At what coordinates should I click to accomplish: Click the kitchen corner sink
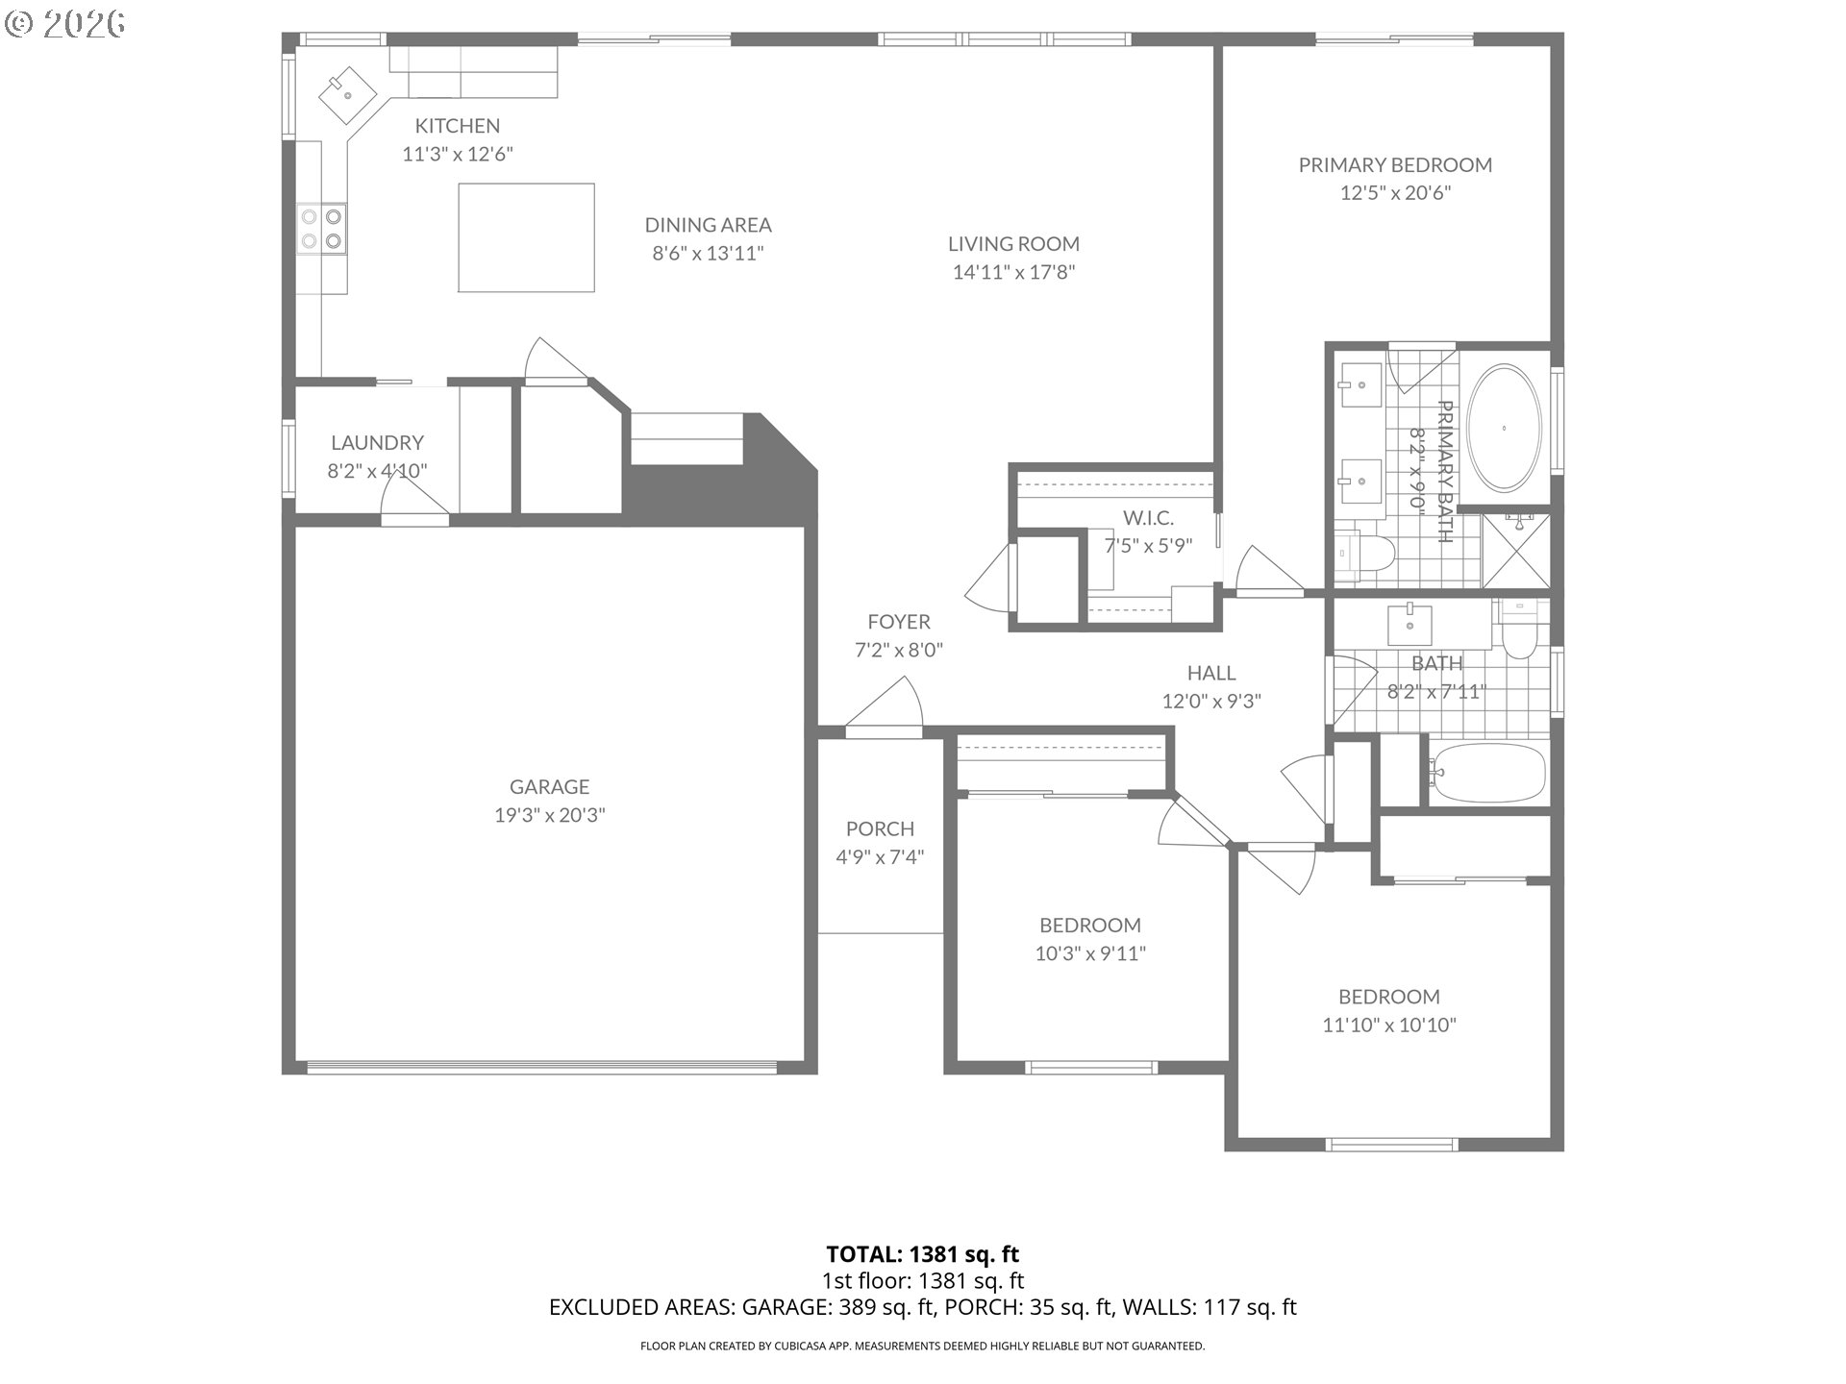[x=348, y=93]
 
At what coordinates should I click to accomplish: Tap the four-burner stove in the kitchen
[x=321, y=229]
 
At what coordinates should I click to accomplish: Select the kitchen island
[x=526, y=237]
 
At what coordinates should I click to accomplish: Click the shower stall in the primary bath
[x=1515, y=550]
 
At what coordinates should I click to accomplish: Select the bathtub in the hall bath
[x=1486, y=773]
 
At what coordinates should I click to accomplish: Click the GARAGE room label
[x=549, y=786]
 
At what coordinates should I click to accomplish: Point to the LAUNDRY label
[x=377, y=442]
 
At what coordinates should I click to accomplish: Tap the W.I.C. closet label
[x=1148, y=518]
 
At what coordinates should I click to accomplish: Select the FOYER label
[x=899, y=622]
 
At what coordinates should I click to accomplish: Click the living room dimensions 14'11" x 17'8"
[x=1013, y=272]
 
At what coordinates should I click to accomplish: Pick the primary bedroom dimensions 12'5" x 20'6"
[x=1395, y=192]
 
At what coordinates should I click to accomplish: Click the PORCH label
[x=880, y=828]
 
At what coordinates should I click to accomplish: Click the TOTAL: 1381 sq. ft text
[x=922, y=1254]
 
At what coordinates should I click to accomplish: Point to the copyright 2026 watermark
[x=65, y=24]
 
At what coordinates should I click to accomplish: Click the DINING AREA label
[x=708, y=225]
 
